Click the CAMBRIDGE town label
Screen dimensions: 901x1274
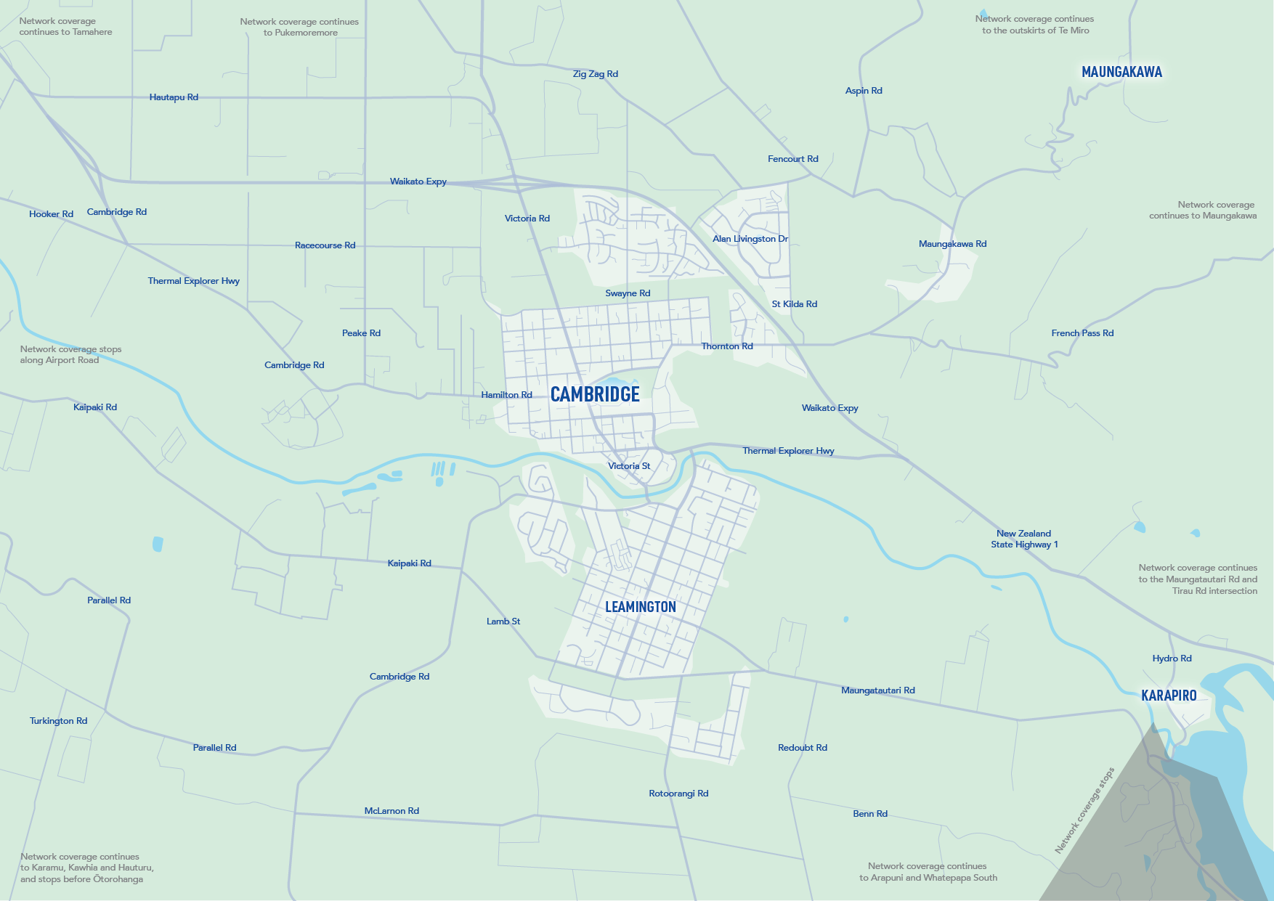[595, 394]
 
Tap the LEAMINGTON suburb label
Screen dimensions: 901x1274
[640, 607]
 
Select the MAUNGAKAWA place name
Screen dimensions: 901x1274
[1121, 72]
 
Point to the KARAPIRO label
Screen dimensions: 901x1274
[1169, 696]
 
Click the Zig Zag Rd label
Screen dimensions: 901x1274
[595, 74]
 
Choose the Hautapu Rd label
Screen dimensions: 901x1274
[174, 97]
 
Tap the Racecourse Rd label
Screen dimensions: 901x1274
[325, 245]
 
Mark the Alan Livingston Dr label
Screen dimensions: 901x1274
[750, 239]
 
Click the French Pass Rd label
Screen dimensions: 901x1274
[1082, 333]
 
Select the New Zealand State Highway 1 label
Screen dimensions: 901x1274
[1024, 539]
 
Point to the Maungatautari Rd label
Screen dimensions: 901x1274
[877, 690]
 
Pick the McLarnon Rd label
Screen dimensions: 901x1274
[391, 811]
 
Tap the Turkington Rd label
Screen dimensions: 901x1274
[58, 721]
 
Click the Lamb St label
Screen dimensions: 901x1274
[503, 621]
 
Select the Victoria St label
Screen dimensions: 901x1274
[629, 466]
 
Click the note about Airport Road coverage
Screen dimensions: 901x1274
[70, 354]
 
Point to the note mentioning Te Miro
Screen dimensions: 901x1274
[1034, 25]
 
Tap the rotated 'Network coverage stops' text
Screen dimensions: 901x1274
[1084, 810]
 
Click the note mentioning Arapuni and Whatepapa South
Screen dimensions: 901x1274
[928, 872]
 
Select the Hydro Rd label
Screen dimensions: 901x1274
[1172, 659]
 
